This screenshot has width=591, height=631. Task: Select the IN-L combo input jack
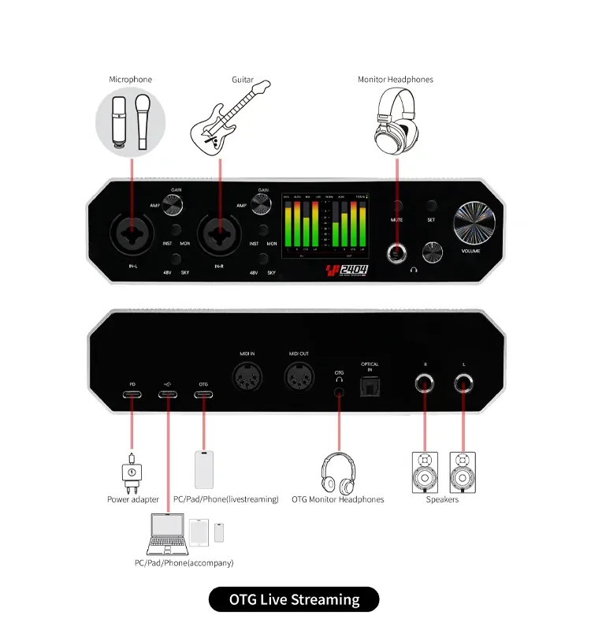[x=132, y=233]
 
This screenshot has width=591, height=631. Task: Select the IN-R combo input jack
[x=221, y=233]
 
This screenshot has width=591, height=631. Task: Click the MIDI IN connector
[x=248, y=379]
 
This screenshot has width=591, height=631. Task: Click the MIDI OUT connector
[x=300, y=379]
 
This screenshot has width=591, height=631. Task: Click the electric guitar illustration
[x=225, y=117]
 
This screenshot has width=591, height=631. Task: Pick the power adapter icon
[x=132, y=472]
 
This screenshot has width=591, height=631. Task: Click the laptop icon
[x=167, y=532]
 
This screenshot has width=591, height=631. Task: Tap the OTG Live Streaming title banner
[x=294, y=599]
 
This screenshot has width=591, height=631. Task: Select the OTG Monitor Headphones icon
[x=339, y=472]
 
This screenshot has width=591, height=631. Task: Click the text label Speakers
[x=442, y=499]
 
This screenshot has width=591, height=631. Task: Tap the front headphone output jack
[x=396, y=252]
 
